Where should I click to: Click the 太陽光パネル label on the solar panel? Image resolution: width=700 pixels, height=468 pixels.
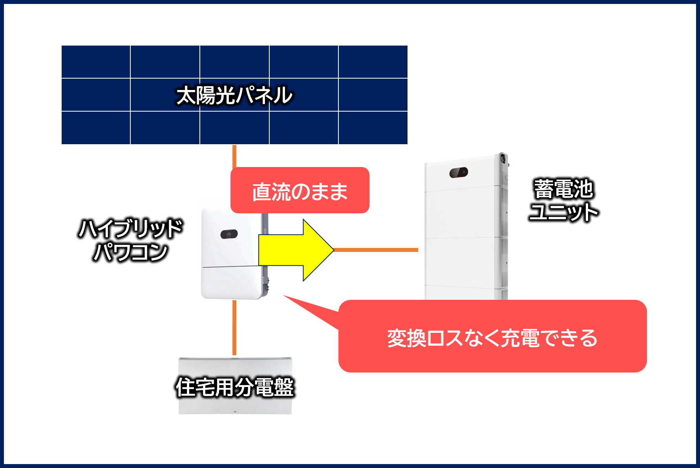tap(234, 95)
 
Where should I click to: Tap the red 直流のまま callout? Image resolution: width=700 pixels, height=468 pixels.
tap(300, 191)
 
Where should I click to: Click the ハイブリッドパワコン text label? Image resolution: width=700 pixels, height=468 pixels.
tap(131, 240)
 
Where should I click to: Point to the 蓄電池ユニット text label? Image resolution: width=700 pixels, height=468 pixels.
tap(563, 200)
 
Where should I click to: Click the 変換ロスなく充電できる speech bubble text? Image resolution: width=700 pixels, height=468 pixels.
tap(492, 338)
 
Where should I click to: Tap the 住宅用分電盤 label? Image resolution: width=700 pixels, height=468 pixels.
tap(235, 387)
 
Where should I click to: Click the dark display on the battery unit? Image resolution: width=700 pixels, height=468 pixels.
tap(459, 173)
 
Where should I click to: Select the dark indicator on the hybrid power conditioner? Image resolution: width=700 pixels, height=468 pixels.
tap(229, 234)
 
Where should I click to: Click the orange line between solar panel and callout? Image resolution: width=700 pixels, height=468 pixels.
tap(234, 156)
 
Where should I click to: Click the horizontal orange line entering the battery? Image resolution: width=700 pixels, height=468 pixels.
tap(376, 250)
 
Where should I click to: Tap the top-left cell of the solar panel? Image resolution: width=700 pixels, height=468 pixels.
tap(96, 62)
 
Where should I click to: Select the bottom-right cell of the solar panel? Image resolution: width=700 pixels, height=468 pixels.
tap(373, 128)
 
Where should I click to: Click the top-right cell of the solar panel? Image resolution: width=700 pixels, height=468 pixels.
tap(373, 62)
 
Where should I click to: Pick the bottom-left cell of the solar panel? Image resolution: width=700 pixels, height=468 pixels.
tap(96, 128)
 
